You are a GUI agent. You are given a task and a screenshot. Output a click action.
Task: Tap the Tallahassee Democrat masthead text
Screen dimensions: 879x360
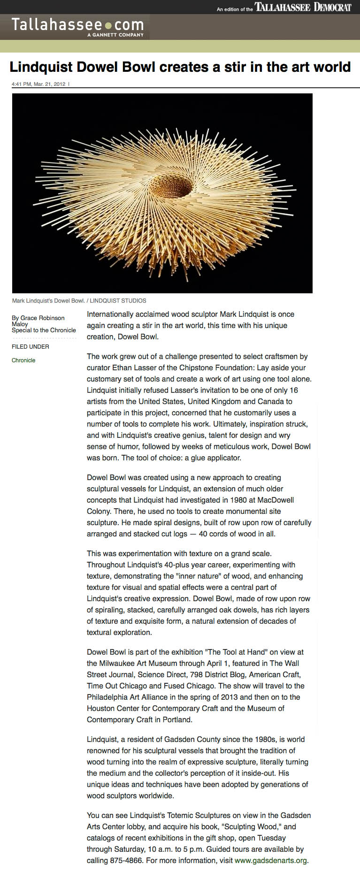303,7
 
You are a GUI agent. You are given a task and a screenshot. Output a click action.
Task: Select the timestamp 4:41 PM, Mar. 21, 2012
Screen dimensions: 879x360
38,84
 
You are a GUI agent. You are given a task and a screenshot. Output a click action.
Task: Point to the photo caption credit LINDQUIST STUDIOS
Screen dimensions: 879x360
118,301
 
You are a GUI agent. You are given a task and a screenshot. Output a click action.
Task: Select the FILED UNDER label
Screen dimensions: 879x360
31,347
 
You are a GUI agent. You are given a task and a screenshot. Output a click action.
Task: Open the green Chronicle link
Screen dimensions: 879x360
23,360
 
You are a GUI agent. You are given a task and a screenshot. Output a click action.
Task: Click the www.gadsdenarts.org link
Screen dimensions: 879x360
271,861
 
